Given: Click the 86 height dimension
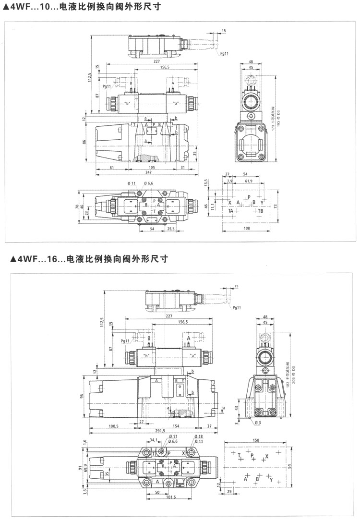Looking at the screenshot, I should pyautogui.click(x=84, y=142).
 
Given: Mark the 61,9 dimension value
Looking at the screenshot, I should pyautogui.click(x=249, y=182).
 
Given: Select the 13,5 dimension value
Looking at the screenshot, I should pyautogui.click(x=206, y=183).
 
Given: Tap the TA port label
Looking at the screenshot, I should pyautogui.click(x=231, y=211).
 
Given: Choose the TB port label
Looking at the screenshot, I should pyautogui.click(x=260, y=211).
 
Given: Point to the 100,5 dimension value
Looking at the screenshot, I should pyautogui.click(x=114, y=425).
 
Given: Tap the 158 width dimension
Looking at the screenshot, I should pyautogui.click(x=256, y=440).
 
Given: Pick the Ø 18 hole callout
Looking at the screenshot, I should pyautogui.click(x=199, y=436).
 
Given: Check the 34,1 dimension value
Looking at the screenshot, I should pyautogui.click(x=154, y=439).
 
